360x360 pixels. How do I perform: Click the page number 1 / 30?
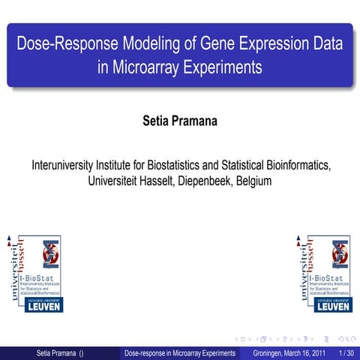coord(346,352)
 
